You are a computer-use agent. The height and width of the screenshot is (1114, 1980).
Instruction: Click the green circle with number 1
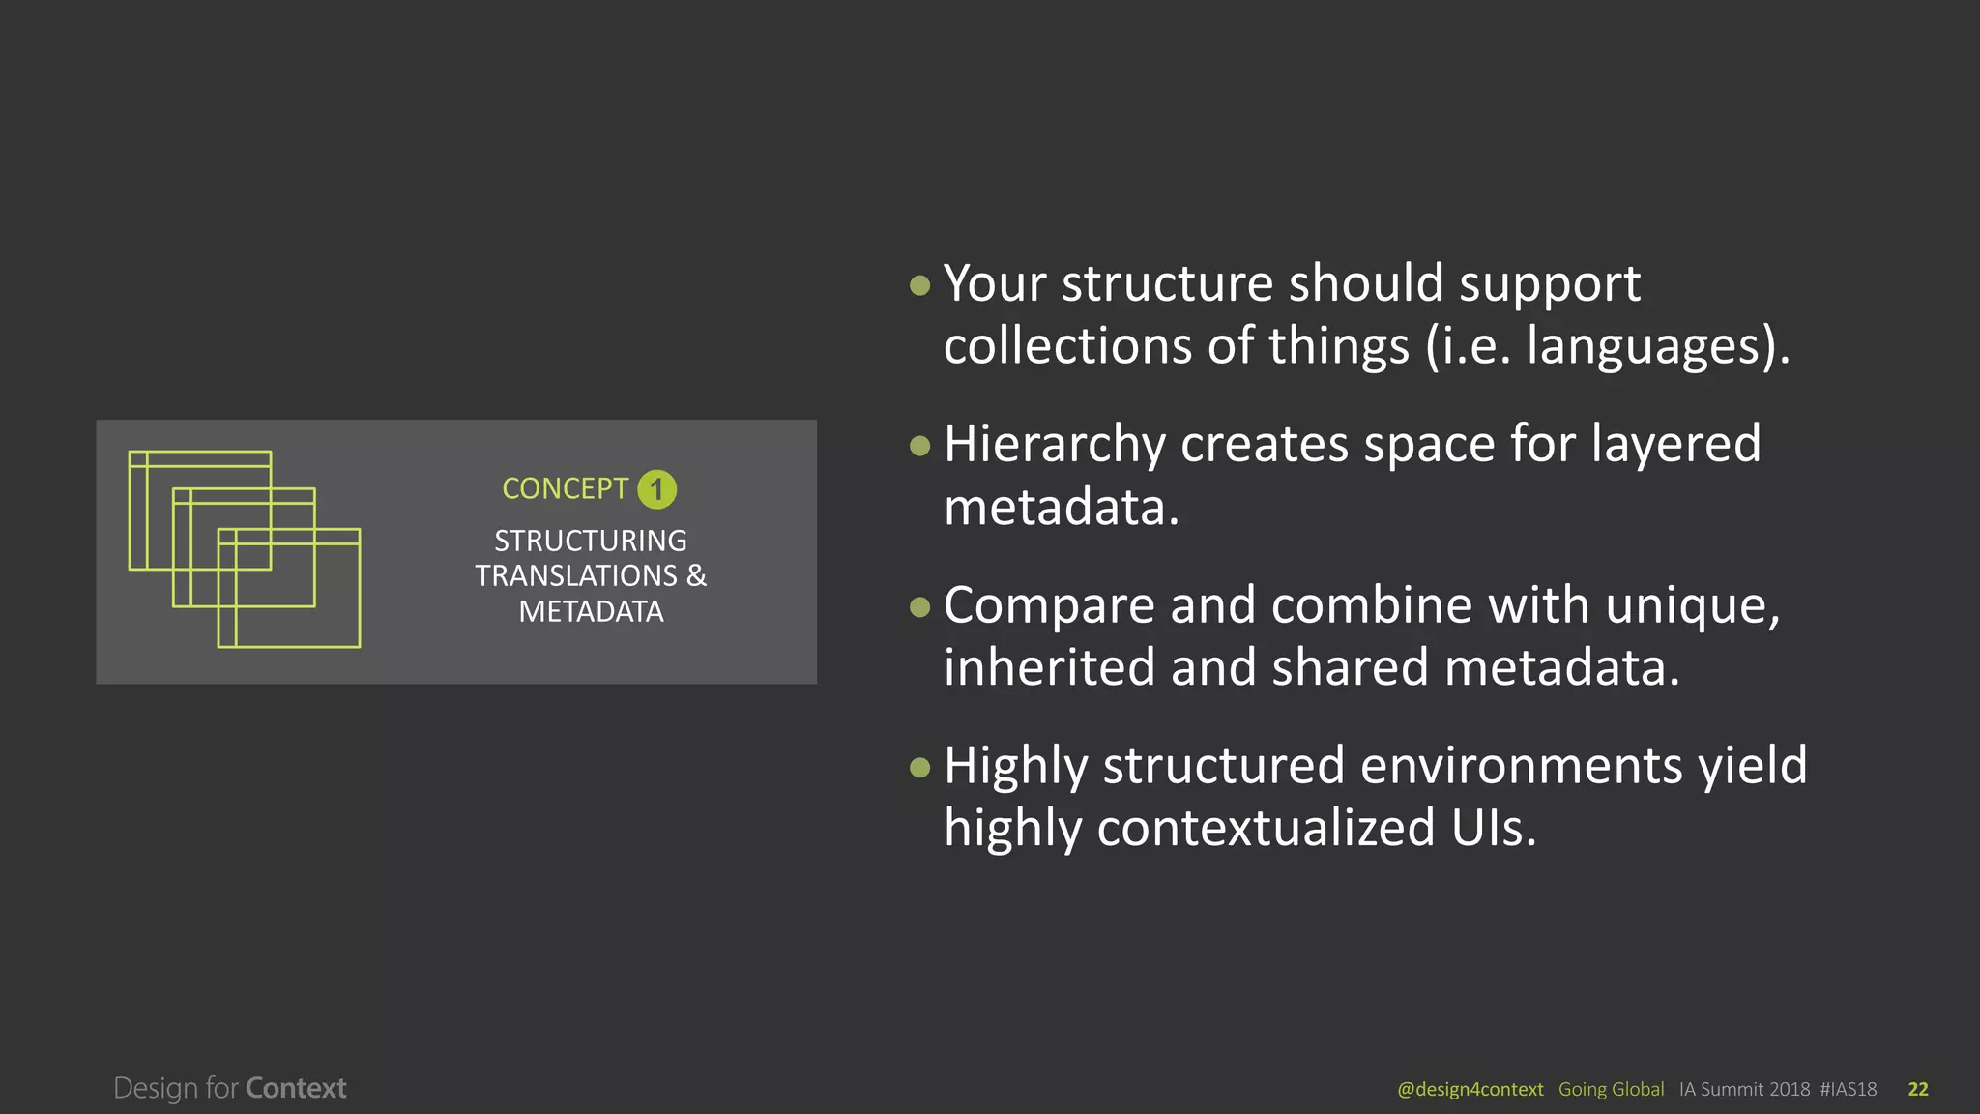point(656,489)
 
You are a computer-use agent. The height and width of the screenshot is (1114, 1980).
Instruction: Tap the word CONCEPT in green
point(565,488)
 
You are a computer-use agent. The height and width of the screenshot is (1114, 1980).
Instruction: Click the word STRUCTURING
point(591,541)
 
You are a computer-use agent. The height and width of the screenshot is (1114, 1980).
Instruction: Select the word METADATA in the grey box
point(591,611)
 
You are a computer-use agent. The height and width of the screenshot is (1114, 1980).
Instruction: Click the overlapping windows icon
point(245,548)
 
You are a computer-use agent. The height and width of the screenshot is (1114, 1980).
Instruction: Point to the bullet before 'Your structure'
point(919,285)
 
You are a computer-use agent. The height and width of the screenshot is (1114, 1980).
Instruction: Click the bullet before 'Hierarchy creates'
point(919,446)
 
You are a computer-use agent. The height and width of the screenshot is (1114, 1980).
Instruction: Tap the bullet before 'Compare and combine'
point(919,606)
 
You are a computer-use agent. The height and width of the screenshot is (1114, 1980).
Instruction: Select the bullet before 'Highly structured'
point(919,767)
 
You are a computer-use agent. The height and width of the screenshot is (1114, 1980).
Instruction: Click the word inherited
point(1049,667)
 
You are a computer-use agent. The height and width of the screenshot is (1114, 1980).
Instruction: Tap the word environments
point(1522,766)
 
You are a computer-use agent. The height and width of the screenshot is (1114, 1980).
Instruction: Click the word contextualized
point(1265,828)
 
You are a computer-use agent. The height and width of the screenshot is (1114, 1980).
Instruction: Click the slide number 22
point(1917,1089)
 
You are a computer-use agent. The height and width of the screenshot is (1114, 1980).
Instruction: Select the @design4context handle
point(1470,1089)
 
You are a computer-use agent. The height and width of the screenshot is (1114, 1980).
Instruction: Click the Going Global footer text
point(1611,1089)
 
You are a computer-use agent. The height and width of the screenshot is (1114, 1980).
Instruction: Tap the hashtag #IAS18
point(1848,1089)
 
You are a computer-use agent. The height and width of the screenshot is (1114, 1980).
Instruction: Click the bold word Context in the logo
point(296,1088)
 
